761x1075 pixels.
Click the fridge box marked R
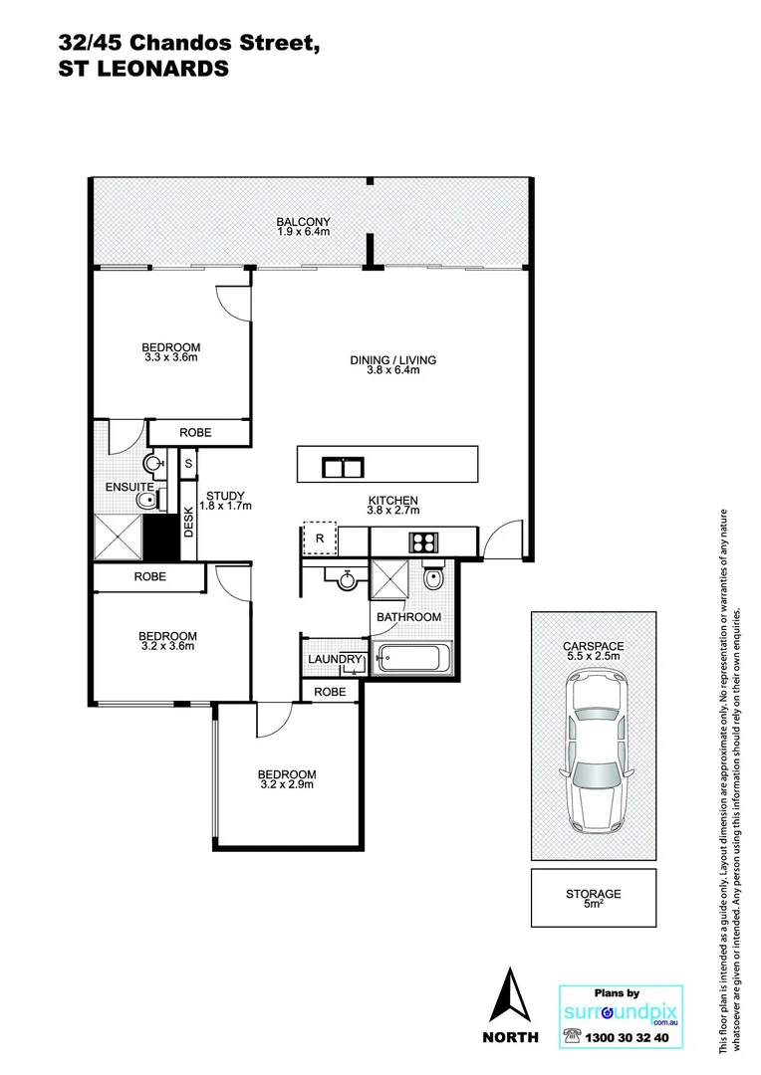click(x=320, y=538)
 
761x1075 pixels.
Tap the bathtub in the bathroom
click(x=412, y=659)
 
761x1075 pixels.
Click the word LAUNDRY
click(x=332, y=660)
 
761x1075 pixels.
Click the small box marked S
click(x=187, y=463)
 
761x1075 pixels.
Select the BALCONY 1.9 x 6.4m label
click(x=303, y=227)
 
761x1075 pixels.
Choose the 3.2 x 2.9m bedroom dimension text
click(x=287, y=784)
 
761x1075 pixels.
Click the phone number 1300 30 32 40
click(x=628, y=1037)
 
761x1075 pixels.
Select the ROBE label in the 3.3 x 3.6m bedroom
click(x=194, y=432)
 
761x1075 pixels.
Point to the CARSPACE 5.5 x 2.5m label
click(x=594, y=651)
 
